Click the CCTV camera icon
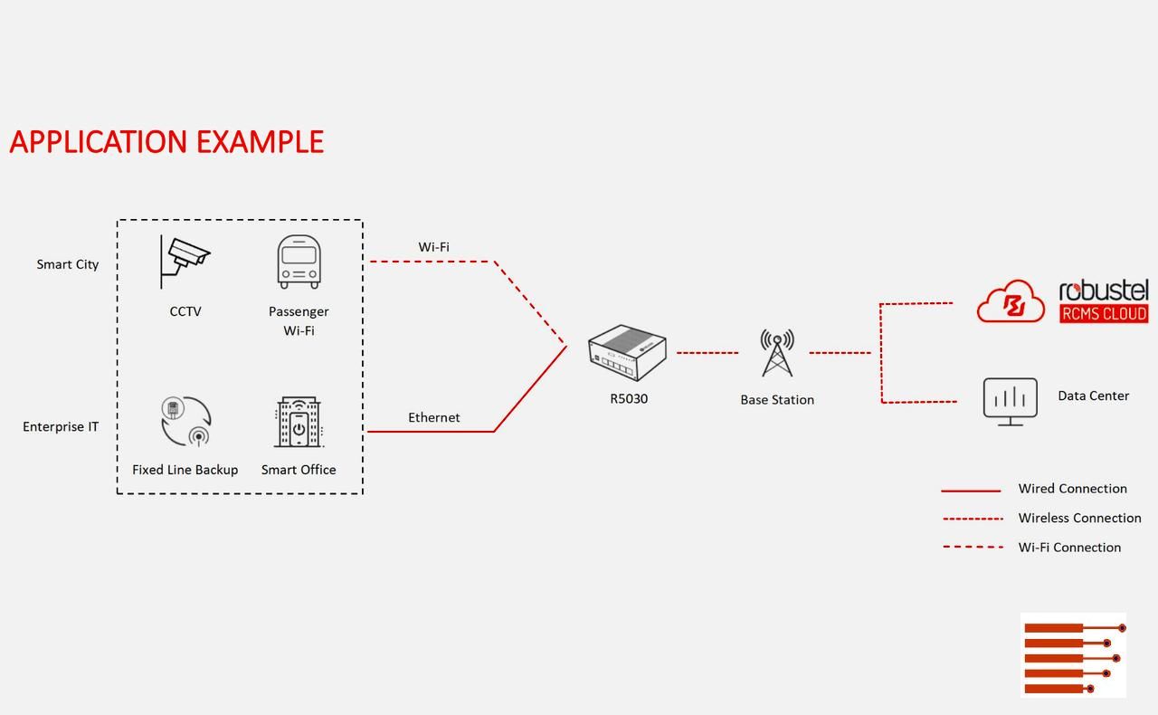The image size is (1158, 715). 185,261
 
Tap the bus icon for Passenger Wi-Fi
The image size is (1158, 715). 299,262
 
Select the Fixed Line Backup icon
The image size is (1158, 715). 185,421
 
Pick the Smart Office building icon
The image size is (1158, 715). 299,422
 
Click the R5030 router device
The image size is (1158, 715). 627,353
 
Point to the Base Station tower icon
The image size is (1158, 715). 777,353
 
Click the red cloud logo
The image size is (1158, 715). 1011,301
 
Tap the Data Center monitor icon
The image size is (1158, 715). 1010,401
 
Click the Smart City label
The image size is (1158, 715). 68,264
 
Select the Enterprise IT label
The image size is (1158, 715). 61,426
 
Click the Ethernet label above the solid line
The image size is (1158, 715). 433,417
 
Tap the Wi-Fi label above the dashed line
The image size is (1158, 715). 433,247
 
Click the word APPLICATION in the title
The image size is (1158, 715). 99,142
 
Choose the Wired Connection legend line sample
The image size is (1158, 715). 971,491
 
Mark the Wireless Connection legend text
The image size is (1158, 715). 1079,518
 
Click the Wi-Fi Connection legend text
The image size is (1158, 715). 1069,547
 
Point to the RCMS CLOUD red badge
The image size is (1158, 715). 1104,313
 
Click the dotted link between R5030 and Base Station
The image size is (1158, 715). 707,352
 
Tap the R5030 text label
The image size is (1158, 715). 629,398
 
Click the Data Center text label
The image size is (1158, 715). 1093,396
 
